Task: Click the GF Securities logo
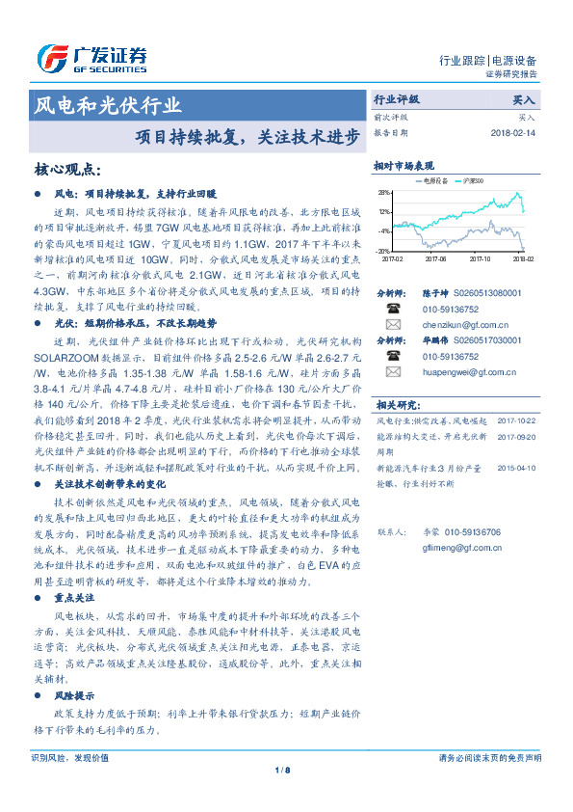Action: pyautogui.click(x=91, y=55)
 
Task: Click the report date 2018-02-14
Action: pyautogui.click(x=511, y=133)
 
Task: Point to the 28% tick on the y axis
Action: pyautogui.click(x=384, y=193)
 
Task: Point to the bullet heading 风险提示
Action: pyautogui.click(x=74, y=694)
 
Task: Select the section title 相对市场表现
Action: pyautogui.click(x=404, y=166)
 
